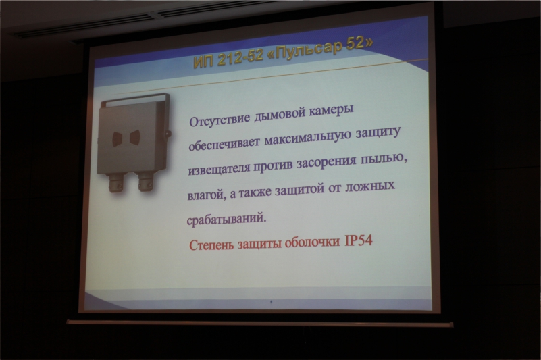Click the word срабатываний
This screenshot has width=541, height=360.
coord(226,219)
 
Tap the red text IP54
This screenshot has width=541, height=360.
coord(359,240)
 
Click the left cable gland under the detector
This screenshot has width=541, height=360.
coord(116,184)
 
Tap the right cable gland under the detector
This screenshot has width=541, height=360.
coord(145,182)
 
